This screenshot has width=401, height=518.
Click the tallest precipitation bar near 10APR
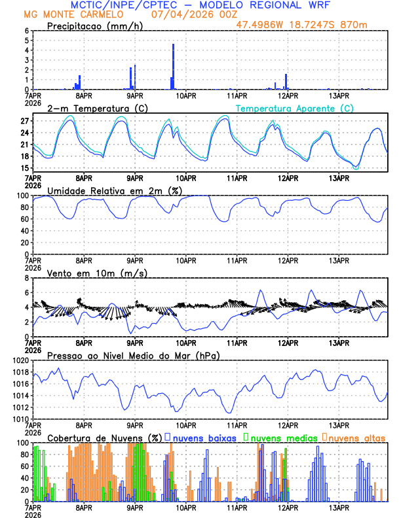coord(173,66)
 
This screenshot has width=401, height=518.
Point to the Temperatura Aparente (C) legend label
coord(294,108)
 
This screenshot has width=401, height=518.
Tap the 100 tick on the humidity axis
coord(22,196)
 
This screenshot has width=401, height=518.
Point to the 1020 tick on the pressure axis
coord(20,360)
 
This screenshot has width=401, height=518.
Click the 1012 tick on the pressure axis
coord(20,407)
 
